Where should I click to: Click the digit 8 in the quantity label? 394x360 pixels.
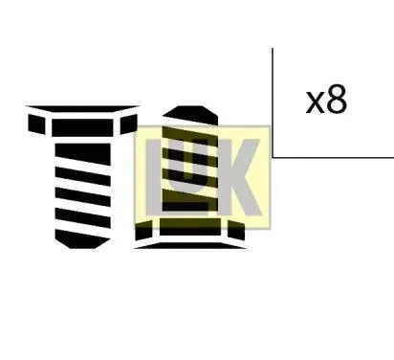[337, 100]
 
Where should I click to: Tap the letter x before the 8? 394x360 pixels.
[316, 102]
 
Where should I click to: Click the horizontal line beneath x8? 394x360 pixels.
[335, 157]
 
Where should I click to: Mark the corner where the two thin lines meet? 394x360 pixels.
[273, 157]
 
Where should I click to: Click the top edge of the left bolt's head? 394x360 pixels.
[82, 108]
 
